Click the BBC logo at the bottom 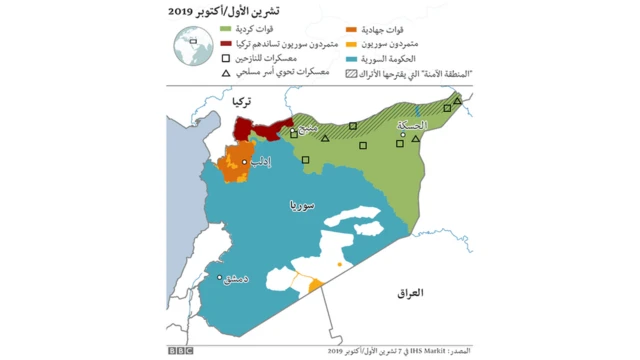point(180,350)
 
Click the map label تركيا point(240,102)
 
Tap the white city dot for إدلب point(245,161)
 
